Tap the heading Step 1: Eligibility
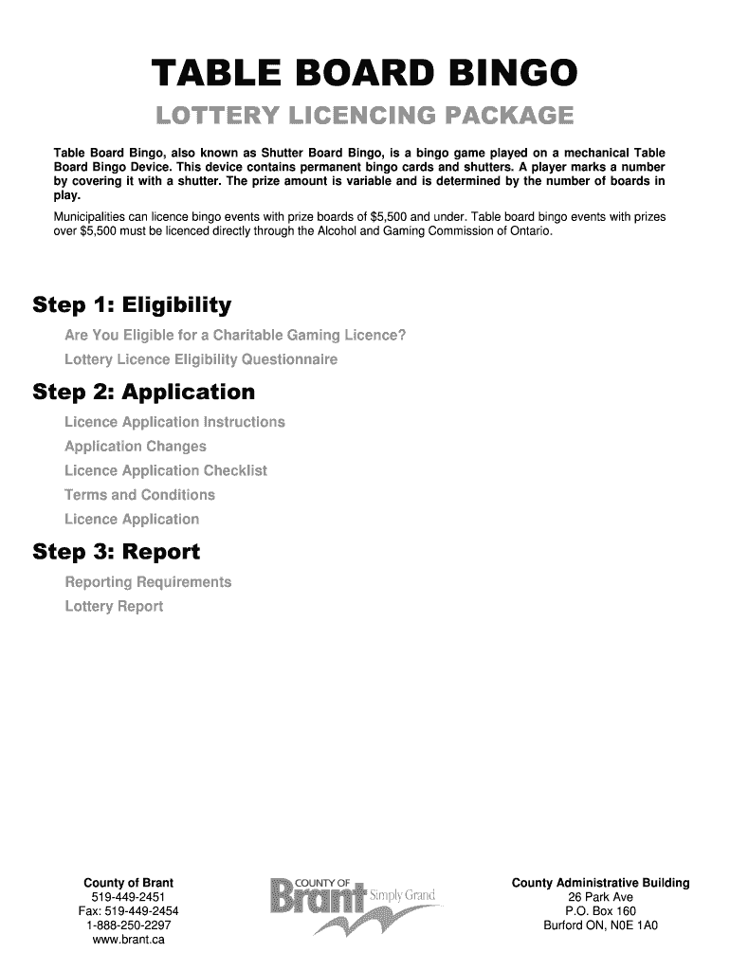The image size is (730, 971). coord(132,305)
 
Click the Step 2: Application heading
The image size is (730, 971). coord(143,392)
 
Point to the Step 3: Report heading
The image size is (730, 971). coord(116,551)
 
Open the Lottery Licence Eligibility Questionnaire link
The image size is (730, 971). coord(200,360)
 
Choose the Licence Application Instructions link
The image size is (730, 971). coord(174,422)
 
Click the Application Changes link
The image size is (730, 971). coord(135,447)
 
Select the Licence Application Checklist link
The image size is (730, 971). coord(166,471)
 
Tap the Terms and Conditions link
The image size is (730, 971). coord(139,495)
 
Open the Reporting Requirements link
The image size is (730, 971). coord(148,581)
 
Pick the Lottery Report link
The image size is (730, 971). coord(114,606)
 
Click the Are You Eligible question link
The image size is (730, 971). coord(235,336)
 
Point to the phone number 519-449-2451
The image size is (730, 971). coord(128,897)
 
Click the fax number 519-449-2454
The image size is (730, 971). coord(128,911)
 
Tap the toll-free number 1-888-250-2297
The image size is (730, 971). coord(128,925)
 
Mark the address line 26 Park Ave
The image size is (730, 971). coord(600,897)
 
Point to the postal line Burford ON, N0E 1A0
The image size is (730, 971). coord(600,925)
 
